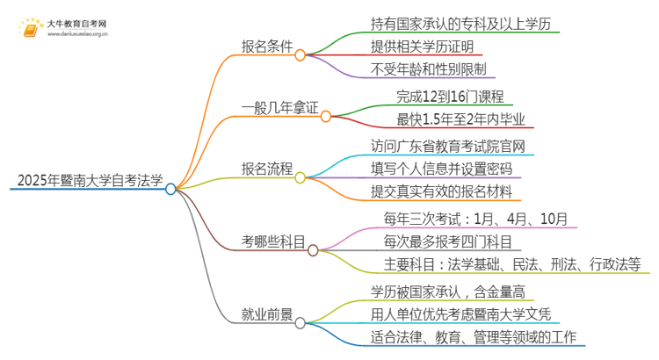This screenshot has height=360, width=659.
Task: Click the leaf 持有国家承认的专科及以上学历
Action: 449,22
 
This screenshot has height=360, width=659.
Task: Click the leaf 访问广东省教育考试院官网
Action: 449,145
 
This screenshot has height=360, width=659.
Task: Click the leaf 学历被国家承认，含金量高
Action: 449,291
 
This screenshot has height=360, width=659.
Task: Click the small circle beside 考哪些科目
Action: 313,250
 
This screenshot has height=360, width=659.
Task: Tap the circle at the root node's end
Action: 170,188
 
